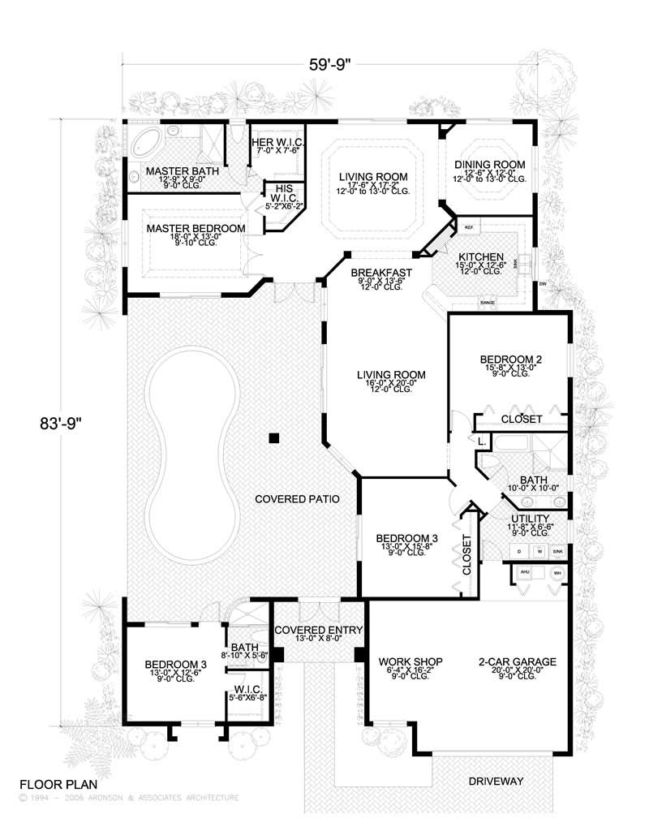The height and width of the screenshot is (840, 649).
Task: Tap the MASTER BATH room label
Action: pyautogui.click(x=173, y=172)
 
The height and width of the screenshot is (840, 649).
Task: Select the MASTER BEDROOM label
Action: pyautogui.click(x=196, y=229)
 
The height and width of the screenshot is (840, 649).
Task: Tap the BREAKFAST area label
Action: pyautogui.click(x=381, y=273)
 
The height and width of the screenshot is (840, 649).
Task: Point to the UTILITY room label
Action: pyautogui.click(x=531, y=519)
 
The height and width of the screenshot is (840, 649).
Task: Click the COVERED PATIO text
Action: pyautogui.click(x=294, y=498)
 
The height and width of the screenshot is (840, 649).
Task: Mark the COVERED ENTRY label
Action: pyautogui.click(x=318, y=630)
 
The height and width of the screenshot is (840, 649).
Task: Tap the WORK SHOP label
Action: pyautogui.click(x=410, y=662)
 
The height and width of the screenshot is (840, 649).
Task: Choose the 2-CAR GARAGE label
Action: pyautogui.click(x=518, y=662)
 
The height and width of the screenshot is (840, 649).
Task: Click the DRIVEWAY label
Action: pyautogui.click(x=496, y=782)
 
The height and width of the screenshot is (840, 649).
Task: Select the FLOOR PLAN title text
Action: pyautogui.click(x=58, y=785)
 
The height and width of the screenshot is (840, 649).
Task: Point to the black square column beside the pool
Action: pyautogui.click(x=274, y=438)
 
